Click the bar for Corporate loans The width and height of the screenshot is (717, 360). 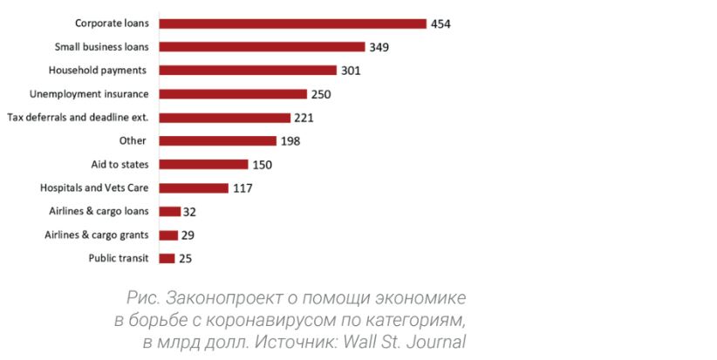(x=292, y=24)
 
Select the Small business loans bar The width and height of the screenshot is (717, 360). (x=262, y=47)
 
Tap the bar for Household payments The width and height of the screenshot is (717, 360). (x=248, y=71)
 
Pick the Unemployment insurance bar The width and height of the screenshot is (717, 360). (x=233, y=94)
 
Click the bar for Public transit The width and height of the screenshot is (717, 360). (x=167, y=258)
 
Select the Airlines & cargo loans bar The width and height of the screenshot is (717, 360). (x=169, y=211)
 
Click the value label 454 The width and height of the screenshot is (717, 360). (x=441, y=24)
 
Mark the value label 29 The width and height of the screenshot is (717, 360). (x=188, y=234)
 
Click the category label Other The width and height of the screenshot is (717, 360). (x=133, y=140)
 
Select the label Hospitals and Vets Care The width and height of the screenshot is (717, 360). (x=94, y=187)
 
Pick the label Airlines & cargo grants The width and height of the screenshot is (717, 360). (x=97, y=234)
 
